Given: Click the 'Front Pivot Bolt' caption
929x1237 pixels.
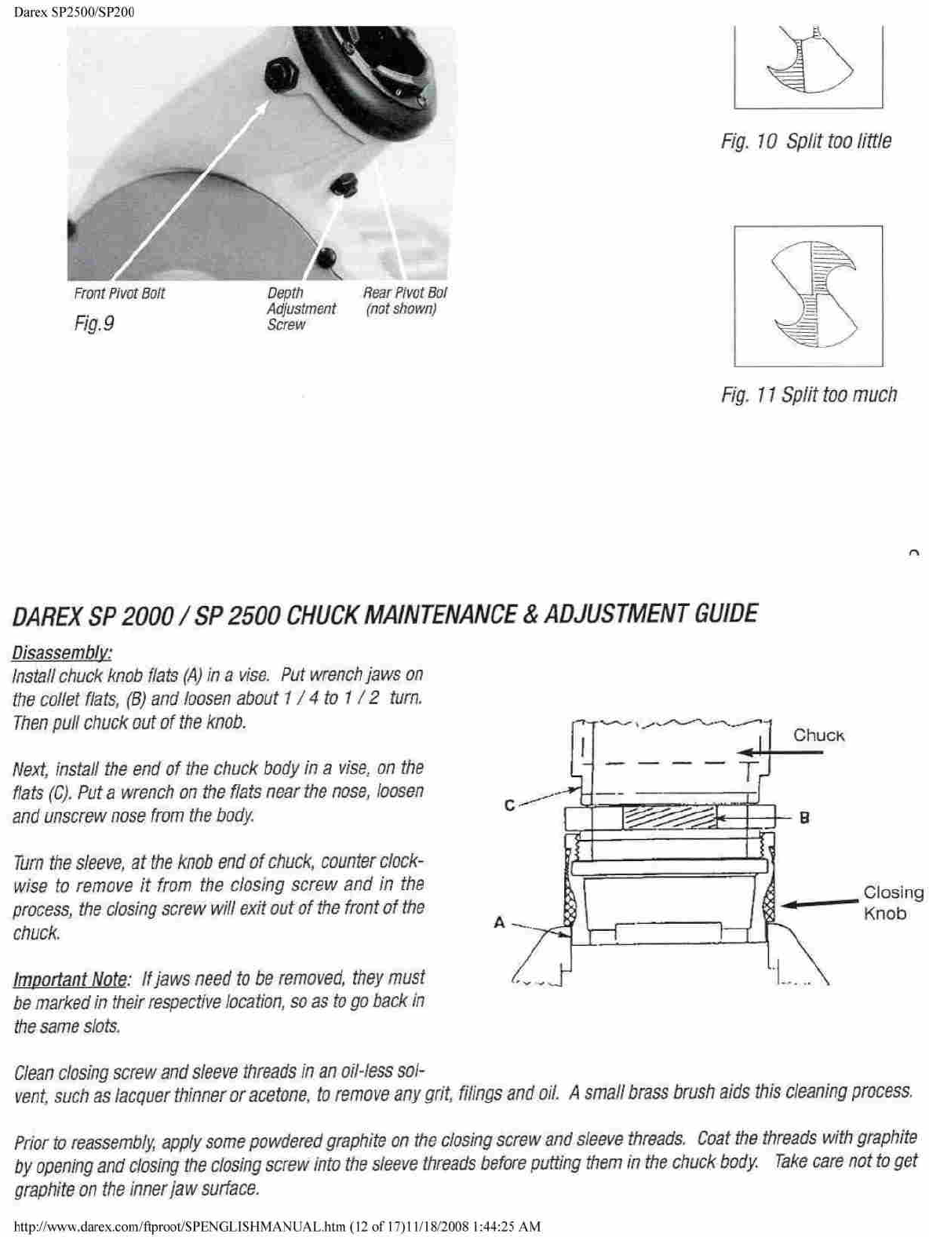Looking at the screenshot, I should tap(119, 294).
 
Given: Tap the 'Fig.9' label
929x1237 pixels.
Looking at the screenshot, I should tap(94, 323).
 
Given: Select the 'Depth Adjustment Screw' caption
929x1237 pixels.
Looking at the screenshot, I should tap(301, 308).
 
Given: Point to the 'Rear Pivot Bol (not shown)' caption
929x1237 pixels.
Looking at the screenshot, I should tap(404, 301).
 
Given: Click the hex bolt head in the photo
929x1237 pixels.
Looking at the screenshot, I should tap(280, 71).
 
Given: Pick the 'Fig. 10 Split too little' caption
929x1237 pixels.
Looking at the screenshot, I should tap(806, 141).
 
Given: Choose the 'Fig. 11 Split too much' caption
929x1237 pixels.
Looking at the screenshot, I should tap(809, 395).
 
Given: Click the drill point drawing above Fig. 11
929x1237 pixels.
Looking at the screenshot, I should tap(809, 296).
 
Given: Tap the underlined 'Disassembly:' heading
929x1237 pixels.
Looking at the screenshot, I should tap(62, 653).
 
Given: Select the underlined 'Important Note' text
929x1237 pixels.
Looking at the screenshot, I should tap(70, 980).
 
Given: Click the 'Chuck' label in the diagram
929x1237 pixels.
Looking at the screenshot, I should tap(818, 735).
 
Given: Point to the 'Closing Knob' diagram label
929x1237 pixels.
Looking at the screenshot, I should tap(893, 903).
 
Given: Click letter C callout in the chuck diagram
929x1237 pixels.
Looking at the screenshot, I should tap(509, 805).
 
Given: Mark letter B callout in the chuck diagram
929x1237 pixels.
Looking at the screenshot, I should tap(803, 818).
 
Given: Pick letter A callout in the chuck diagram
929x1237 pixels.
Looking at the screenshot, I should tap(499, 923).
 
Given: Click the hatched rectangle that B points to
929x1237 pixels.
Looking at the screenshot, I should tap(669, 817).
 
